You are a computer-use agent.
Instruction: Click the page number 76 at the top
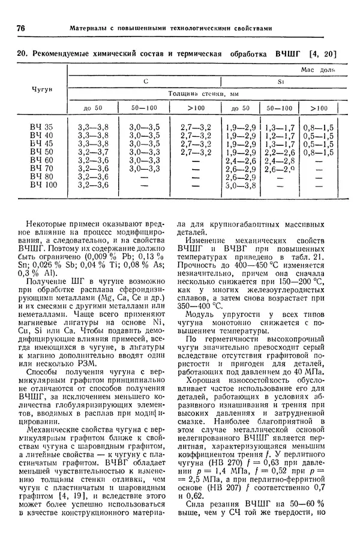20,28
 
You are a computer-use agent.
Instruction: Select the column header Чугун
41,89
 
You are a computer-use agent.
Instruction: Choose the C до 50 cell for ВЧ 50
93,152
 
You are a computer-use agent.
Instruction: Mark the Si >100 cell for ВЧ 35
319,127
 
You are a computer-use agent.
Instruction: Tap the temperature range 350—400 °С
198,304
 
